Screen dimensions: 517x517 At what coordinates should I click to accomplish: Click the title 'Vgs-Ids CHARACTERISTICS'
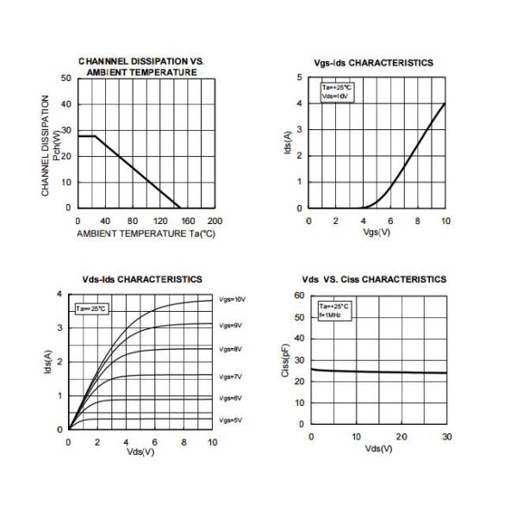(x=373, y=63)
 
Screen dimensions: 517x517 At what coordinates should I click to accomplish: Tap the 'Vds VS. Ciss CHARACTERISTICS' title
(x=374, y=279)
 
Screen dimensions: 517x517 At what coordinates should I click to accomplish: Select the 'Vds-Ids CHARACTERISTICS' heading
(x=142, y=279)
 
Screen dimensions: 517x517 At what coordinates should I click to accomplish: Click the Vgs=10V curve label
(x=233, y=299)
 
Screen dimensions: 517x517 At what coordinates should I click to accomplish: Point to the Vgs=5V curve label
(x=231, y=420)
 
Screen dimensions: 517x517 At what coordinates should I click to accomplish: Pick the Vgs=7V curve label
(x=231, y=377)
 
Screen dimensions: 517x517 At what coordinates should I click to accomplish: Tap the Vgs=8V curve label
(x=231, y=349)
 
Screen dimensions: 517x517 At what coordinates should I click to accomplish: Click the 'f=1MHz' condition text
(x=330, y=315)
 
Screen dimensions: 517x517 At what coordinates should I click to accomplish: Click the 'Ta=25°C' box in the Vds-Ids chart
(x=92, y=308)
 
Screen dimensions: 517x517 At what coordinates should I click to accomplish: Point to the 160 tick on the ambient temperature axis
(x=187, y=221)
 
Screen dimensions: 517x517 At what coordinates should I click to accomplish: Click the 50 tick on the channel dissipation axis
(x=65, y=78)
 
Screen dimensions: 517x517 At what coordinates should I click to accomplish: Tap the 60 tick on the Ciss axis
(x=300, y=295)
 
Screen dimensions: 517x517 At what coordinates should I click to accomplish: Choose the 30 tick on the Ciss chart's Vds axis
(x=446, y=437)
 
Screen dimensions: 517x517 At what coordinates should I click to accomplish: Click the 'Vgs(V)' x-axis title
(x=377, y=233)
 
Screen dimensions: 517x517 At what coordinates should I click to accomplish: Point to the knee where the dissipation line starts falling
(x=94, y=136)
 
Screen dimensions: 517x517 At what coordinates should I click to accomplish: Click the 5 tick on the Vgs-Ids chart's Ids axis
(x=299, y=78)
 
